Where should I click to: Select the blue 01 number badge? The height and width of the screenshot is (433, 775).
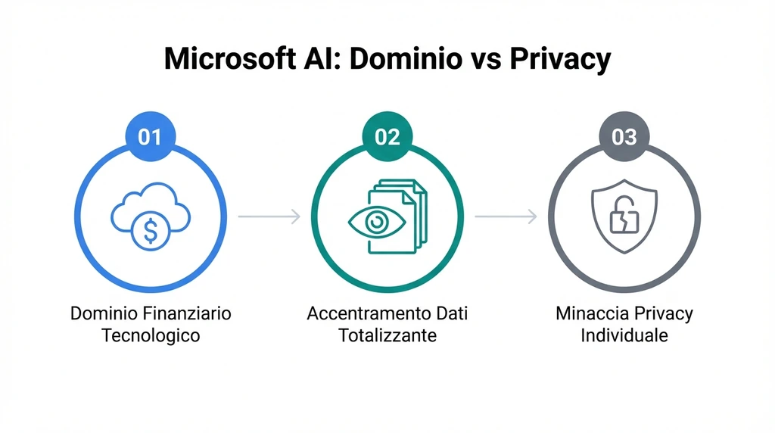click(151, 137)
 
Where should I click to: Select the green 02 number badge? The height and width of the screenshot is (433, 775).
click(387, 137)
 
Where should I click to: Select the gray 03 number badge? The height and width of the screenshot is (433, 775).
click(624, 137)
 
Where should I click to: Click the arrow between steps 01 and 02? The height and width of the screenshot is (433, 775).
click(269, 217)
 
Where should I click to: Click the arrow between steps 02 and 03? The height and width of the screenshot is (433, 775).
click(506, 217)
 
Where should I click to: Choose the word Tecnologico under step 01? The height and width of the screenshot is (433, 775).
click(151, 335)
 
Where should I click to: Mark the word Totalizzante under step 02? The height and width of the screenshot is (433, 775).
click(387, 335)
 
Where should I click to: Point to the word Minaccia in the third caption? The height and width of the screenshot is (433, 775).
click(590, 313)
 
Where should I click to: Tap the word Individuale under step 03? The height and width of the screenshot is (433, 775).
click(624, 335)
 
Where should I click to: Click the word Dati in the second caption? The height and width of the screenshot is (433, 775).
click(452, 313)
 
